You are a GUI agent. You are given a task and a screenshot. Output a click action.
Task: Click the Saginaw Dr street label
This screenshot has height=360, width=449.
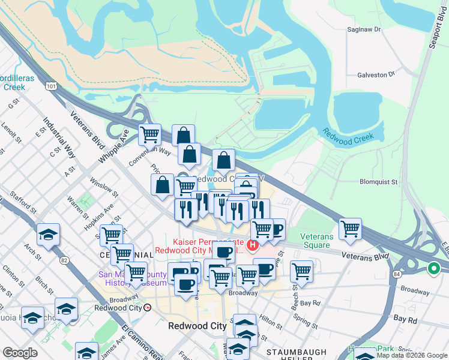click(x=364, y=29)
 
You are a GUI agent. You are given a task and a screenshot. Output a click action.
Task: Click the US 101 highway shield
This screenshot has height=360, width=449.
click(x=51, y=86)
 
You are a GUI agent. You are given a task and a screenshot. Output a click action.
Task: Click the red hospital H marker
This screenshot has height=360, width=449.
click(x=253, y=244)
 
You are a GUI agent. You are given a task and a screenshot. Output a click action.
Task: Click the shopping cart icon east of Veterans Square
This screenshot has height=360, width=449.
click(x=350, y=229)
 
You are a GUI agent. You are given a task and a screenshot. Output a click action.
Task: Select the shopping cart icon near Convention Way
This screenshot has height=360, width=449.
click(x=149, y=134)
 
